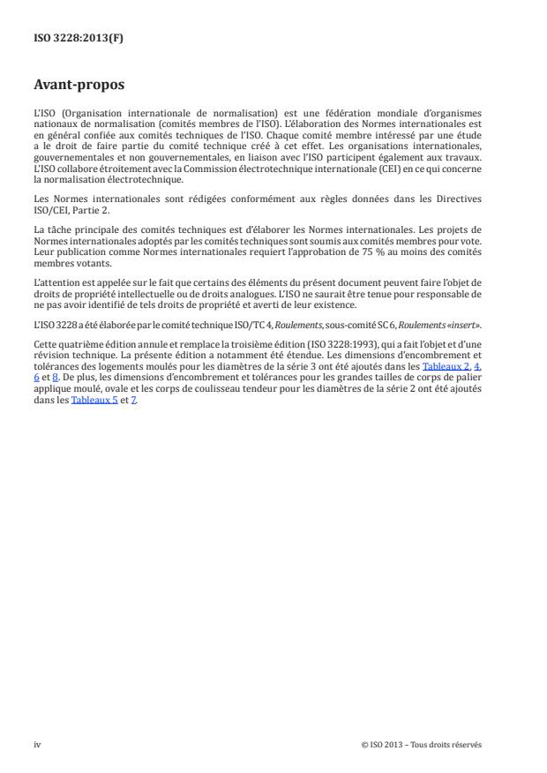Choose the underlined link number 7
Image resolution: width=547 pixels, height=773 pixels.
(134, 400)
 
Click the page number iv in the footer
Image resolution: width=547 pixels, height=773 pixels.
(37, 744)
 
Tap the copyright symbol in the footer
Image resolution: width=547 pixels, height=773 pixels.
(364, 744)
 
